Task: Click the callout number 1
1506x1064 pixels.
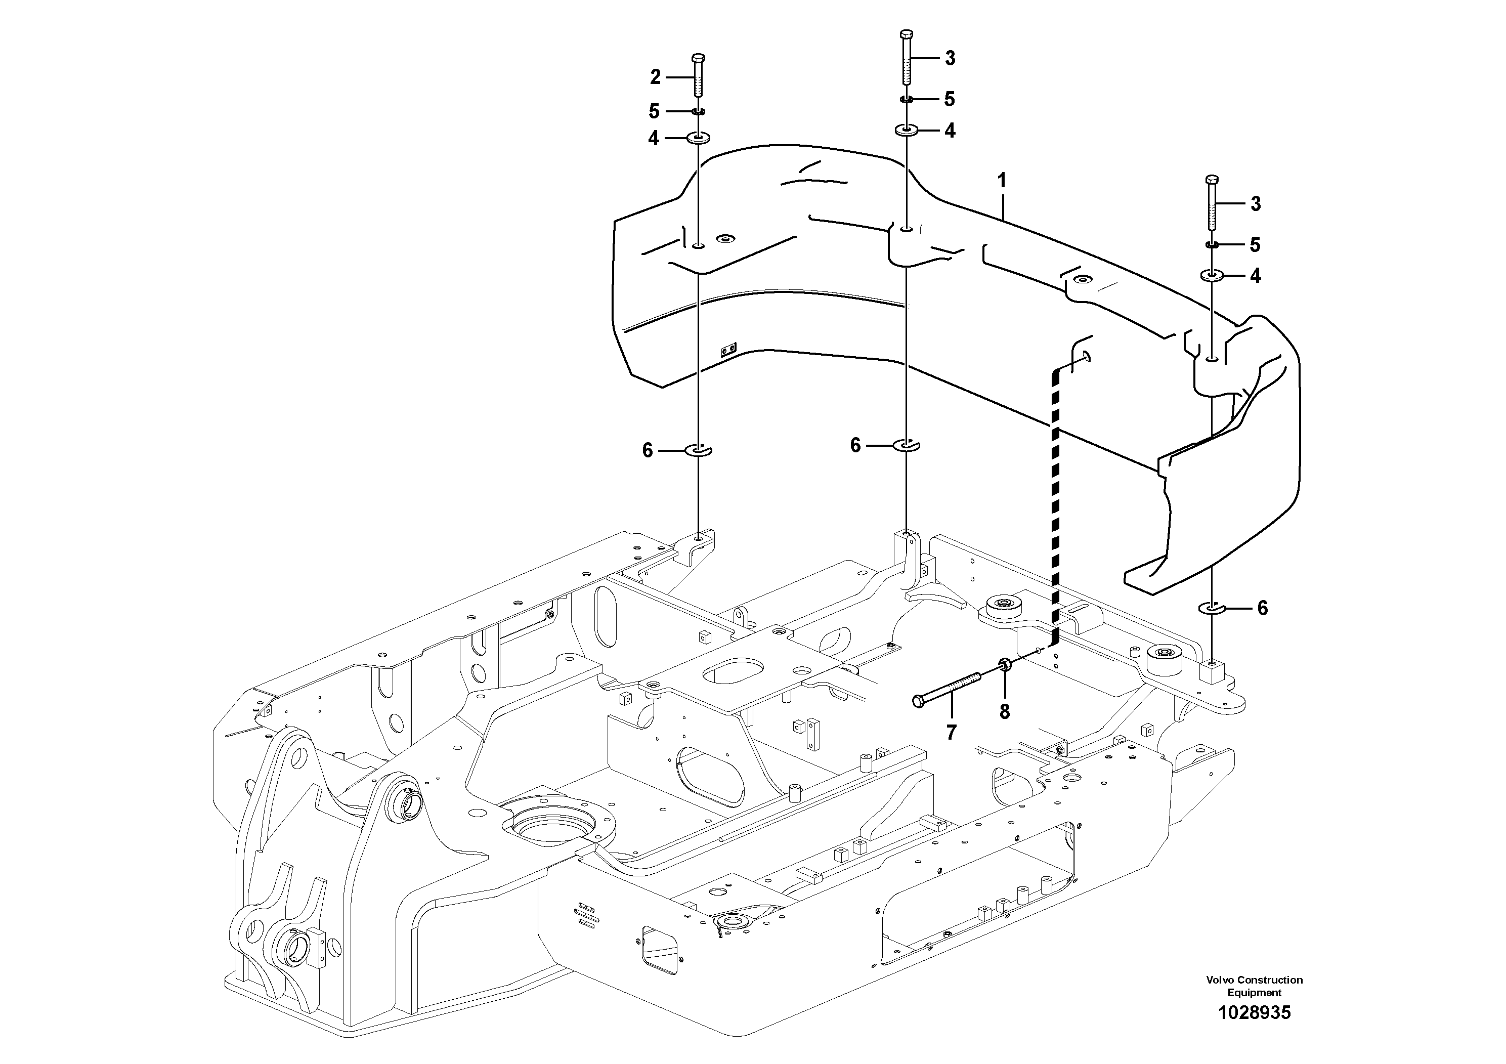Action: tap(1002, 181)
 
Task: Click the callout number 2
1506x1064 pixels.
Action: tap(655, 77)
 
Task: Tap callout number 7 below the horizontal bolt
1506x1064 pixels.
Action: tap(951, 732)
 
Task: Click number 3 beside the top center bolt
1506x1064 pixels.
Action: tap(950, 58)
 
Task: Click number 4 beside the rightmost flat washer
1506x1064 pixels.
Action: tap(1255, 276)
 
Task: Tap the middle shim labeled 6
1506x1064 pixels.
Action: tap(907, 445)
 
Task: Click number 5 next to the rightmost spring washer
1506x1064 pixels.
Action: tap(1254, 245)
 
